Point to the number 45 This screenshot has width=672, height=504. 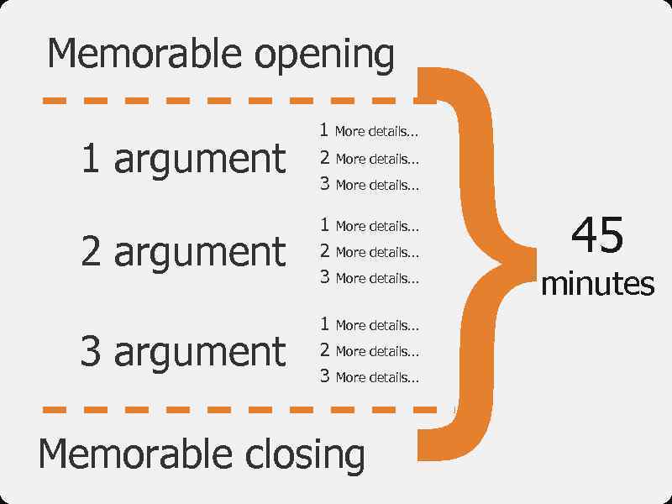[597, 235]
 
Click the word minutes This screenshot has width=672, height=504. [597, 284]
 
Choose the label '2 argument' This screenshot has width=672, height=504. [183, 251]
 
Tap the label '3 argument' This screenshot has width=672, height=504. [183, 351]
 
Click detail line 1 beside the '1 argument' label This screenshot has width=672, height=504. [369, 131]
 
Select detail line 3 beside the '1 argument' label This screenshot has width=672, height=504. [369, 185]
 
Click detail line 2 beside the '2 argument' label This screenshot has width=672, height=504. [369, 251]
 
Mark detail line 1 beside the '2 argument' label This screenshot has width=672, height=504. [369, 225]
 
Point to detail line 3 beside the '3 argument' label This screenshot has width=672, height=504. [369, 377]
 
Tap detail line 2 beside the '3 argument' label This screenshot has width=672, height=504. [369, 351]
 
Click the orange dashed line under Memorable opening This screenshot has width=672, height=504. [235, 101]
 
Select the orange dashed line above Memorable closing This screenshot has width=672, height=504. [235, 410]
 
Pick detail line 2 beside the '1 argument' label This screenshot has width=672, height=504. [369, 158]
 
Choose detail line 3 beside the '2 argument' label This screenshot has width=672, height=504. [369, 277]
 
